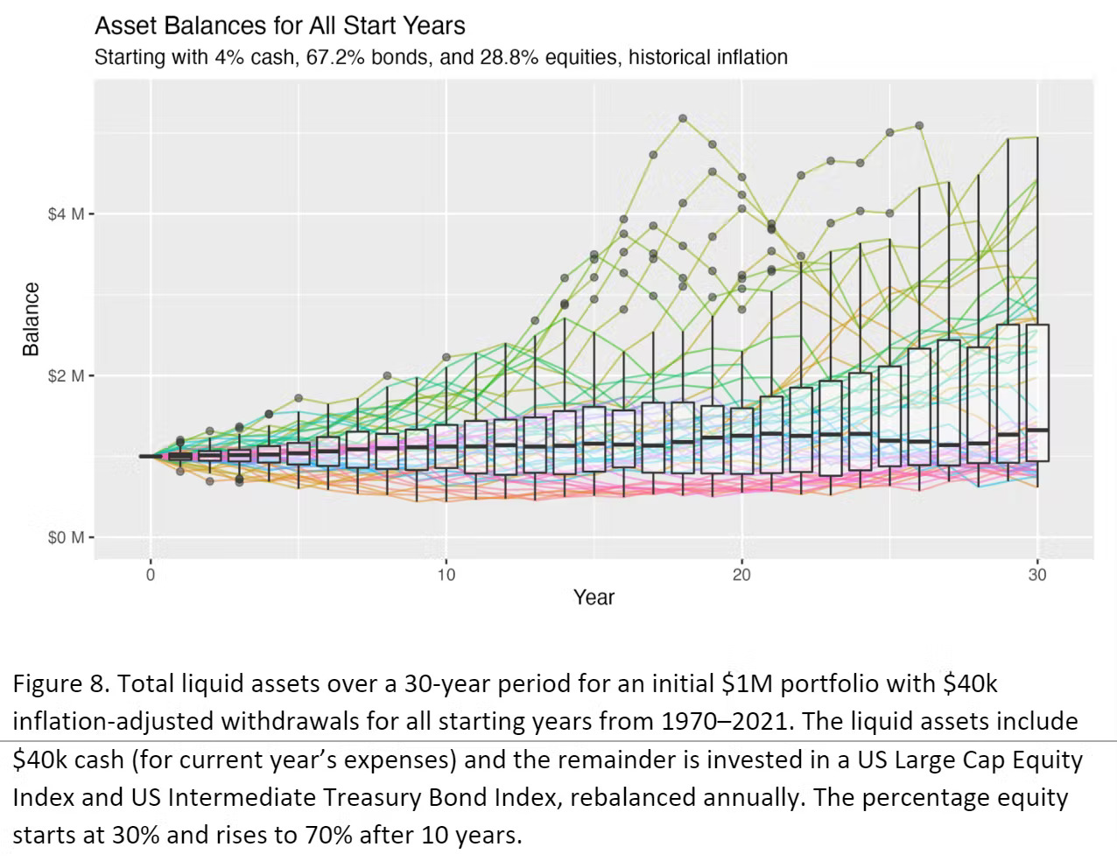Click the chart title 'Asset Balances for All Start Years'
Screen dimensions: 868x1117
click(x=279, y=24)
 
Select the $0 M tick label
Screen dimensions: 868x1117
click(x=66, y=537)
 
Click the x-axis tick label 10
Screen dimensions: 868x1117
click(x=446, y=575)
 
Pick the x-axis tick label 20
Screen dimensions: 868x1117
click(x=741, y=575)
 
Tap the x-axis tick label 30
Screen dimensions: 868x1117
click(x=1037, y=575)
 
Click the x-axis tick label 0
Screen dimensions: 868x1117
click(x=151, y=575)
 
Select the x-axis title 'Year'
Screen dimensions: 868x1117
click(x=594, y=598)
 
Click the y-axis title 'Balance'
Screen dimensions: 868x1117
click(x=32, y=318)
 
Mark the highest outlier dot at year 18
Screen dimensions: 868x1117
click(x=683, y=118)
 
